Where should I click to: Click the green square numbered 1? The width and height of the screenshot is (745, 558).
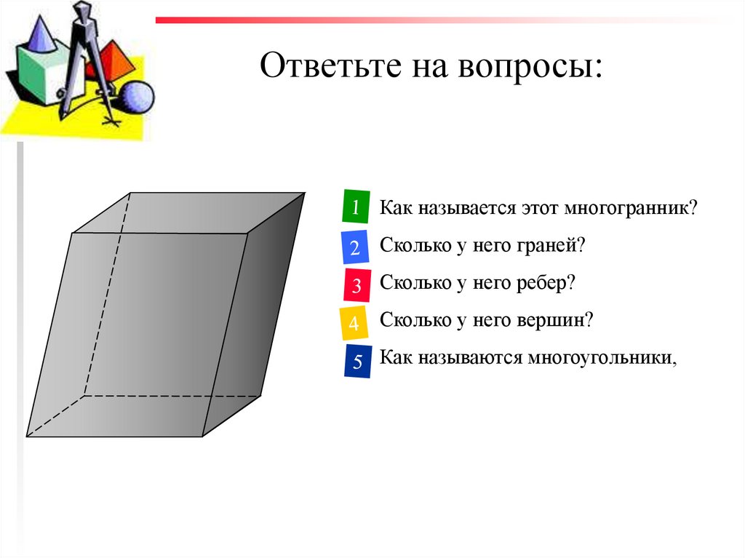355,207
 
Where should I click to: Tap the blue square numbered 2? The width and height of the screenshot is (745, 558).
354,247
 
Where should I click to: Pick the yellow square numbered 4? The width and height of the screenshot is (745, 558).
354,324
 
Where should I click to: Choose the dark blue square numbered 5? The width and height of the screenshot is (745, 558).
357,362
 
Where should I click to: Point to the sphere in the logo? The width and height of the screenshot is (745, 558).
136,97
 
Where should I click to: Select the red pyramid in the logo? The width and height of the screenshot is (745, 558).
114,63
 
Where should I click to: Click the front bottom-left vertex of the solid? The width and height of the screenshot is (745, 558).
28,436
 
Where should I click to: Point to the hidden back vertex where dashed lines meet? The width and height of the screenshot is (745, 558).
84,396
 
